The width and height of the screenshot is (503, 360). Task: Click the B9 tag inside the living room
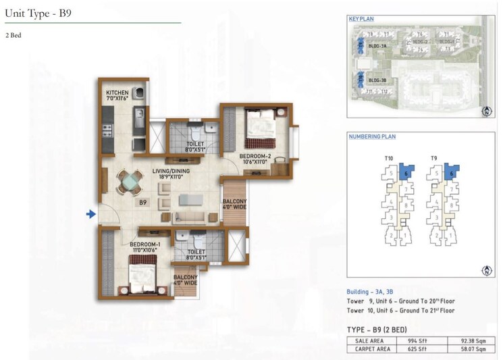tap(142, 202)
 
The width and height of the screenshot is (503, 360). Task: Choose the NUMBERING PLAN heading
tap(372, 136)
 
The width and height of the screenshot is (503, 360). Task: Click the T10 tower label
tap(388, 159)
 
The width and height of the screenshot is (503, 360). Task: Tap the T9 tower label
tap(435, 159)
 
